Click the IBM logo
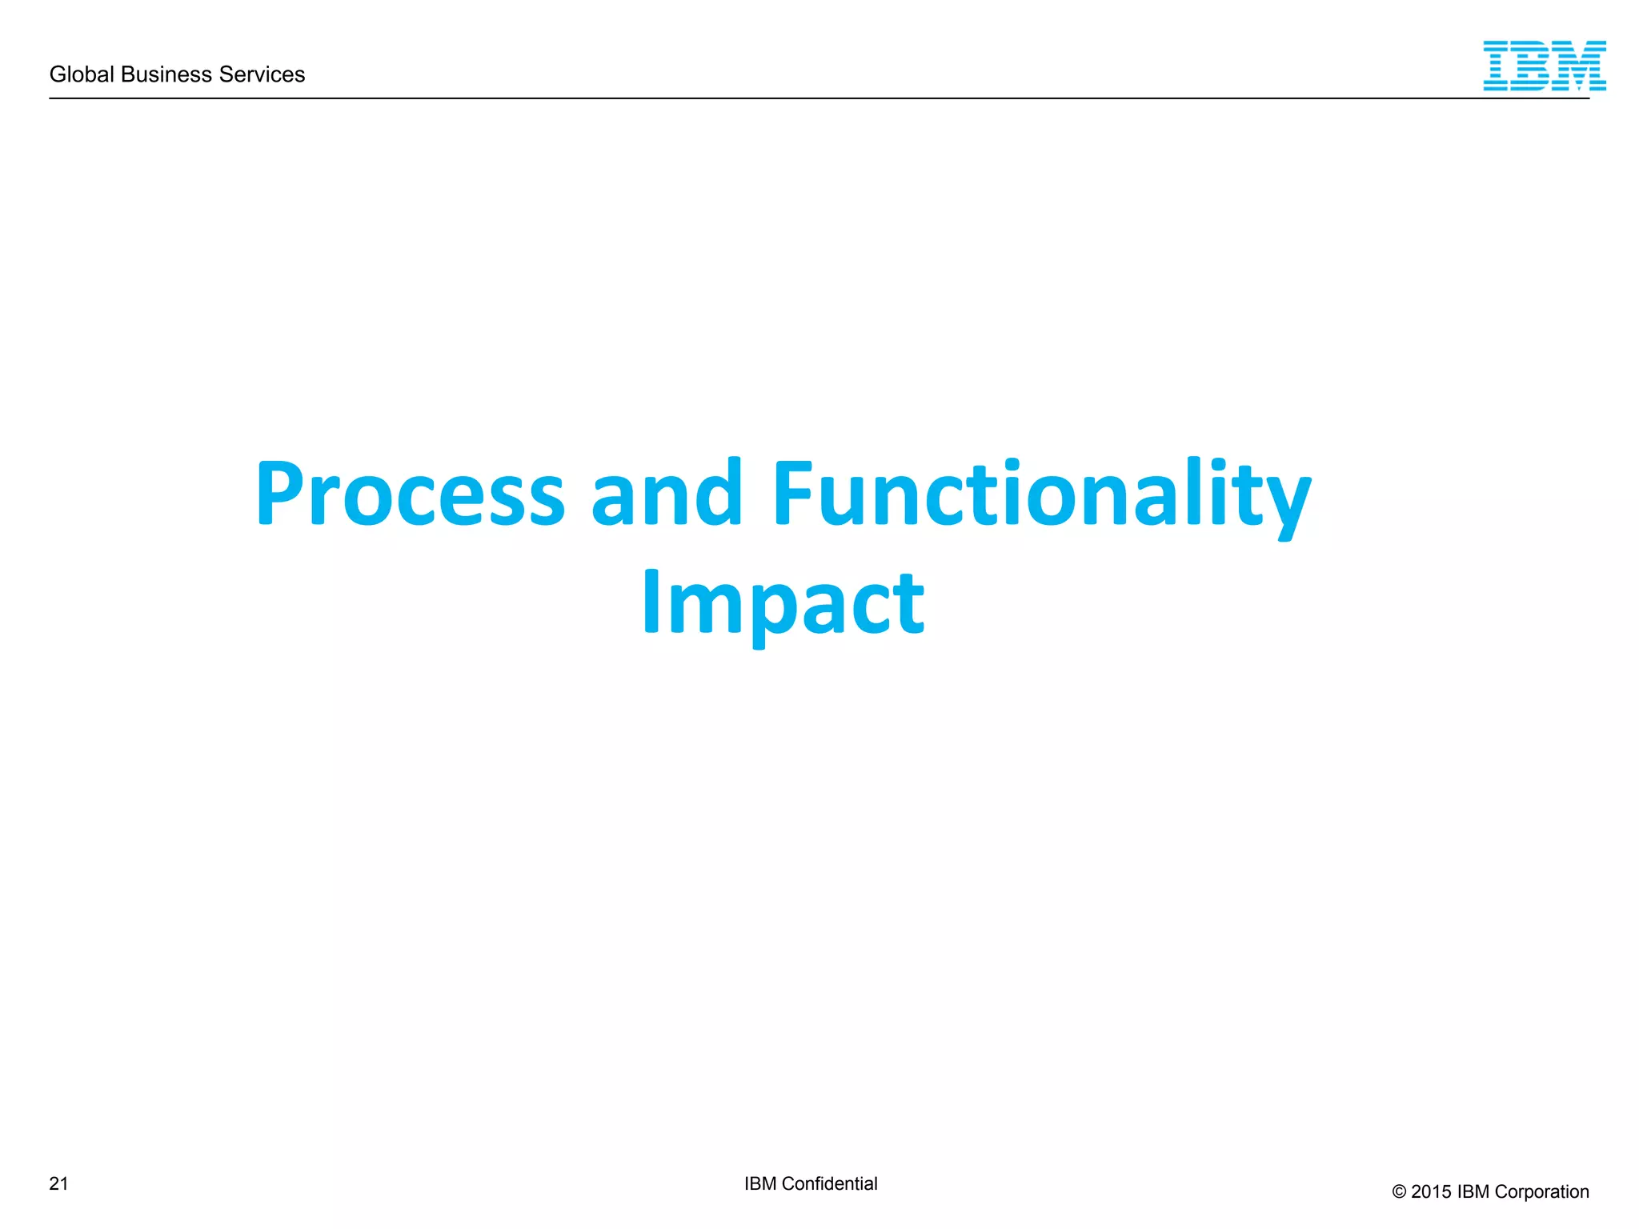tap(1544, 66)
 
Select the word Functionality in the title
tap(1041, 494)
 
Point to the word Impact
tap(783, 603)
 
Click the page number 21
tap(58, 1183)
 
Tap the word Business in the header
tap(166, 74)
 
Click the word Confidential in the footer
tap(829, 1183)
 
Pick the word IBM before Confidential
tap(760, 1183)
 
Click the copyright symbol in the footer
tap(1399, 1192)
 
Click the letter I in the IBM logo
tap(1498, 66)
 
